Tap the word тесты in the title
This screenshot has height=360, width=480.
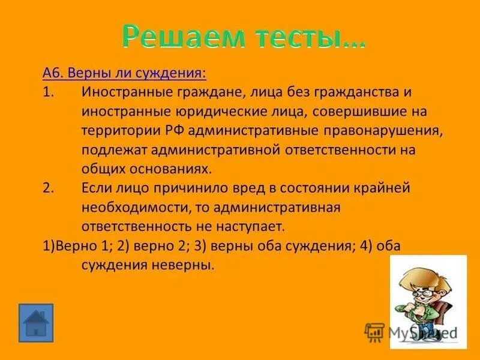tap(298, 37)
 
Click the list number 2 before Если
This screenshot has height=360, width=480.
tap(48, 188)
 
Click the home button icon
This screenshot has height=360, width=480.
tap(36, 323)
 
